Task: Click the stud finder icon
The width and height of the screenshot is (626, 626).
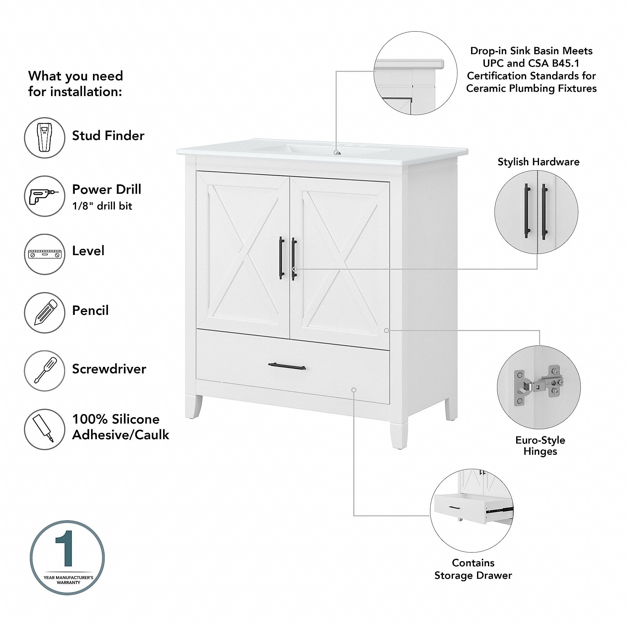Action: pos(44,138)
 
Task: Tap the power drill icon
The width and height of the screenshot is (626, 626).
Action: pos(44,196)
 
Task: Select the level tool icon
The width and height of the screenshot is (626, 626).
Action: pos(44,254)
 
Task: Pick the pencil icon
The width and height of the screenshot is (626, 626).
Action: pos(44,313)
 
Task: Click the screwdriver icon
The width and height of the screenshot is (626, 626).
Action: pos(44,371)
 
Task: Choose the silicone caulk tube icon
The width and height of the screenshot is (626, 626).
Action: pos(44,429)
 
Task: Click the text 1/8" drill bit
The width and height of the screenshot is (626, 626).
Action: pos(102,206)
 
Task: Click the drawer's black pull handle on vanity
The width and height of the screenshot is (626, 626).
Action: pos(287,367)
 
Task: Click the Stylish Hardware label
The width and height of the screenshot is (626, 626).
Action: pos(538,162)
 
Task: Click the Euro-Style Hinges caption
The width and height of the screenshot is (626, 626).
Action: pos(540,446)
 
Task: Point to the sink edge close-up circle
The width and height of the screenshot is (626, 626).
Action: pos(415,73)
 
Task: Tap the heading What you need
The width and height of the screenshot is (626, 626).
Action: pos(75,76)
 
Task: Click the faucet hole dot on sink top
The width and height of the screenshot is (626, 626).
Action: pos(337,152)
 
